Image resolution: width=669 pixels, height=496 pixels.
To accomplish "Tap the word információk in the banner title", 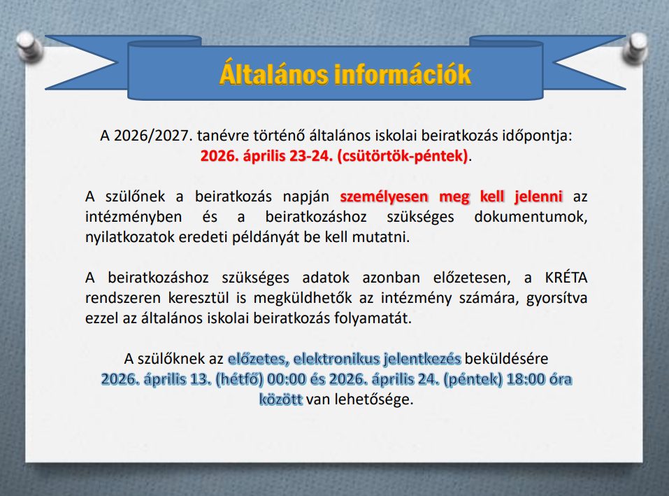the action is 403,74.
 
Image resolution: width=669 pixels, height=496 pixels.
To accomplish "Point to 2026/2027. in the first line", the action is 154,136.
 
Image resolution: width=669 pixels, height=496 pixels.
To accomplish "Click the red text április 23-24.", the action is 288,156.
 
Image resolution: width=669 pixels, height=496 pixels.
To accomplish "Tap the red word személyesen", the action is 384,197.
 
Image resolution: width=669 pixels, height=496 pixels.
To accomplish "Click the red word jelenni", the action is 538,197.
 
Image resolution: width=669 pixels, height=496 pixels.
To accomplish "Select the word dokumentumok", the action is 531,217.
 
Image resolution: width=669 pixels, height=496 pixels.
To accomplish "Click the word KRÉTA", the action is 566,278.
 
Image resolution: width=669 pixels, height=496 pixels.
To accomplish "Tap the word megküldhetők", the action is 303,298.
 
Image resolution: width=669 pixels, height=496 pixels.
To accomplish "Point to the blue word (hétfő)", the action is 239,379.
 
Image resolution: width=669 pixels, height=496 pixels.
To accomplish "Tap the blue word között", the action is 281,399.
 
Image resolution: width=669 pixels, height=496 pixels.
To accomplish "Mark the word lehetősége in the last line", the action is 373,399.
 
